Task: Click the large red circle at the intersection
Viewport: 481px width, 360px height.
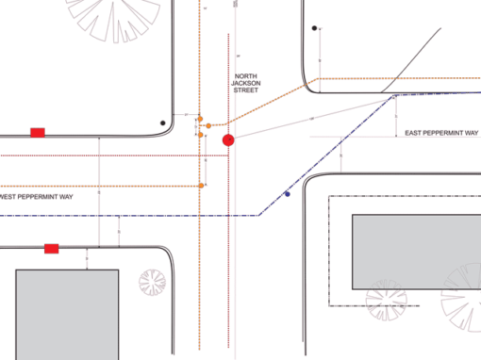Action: coord(227,140)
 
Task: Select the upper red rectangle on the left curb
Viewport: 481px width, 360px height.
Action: coord(38,132)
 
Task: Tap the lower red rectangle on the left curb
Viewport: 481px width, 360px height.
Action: coord(52,249)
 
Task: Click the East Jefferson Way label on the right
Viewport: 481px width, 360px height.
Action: coord(440,133)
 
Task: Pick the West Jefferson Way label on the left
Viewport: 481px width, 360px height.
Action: coord(38,197)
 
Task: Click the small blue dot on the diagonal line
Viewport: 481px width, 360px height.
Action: coord(287,195)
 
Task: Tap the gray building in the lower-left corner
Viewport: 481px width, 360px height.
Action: coord(66,314)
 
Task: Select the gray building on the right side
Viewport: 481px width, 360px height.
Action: coord(415,251)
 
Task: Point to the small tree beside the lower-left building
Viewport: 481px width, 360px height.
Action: coord(152,282)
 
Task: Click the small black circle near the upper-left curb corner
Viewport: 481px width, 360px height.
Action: coord(163,123)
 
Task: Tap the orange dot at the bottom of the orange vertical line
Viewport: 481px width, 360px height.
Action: coord(200,187)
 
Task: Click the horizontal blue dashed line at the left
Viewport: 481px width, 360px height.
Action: coord(94,216)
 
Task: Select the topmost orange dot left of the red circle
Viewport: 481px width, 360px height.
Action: coord(199,119)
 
